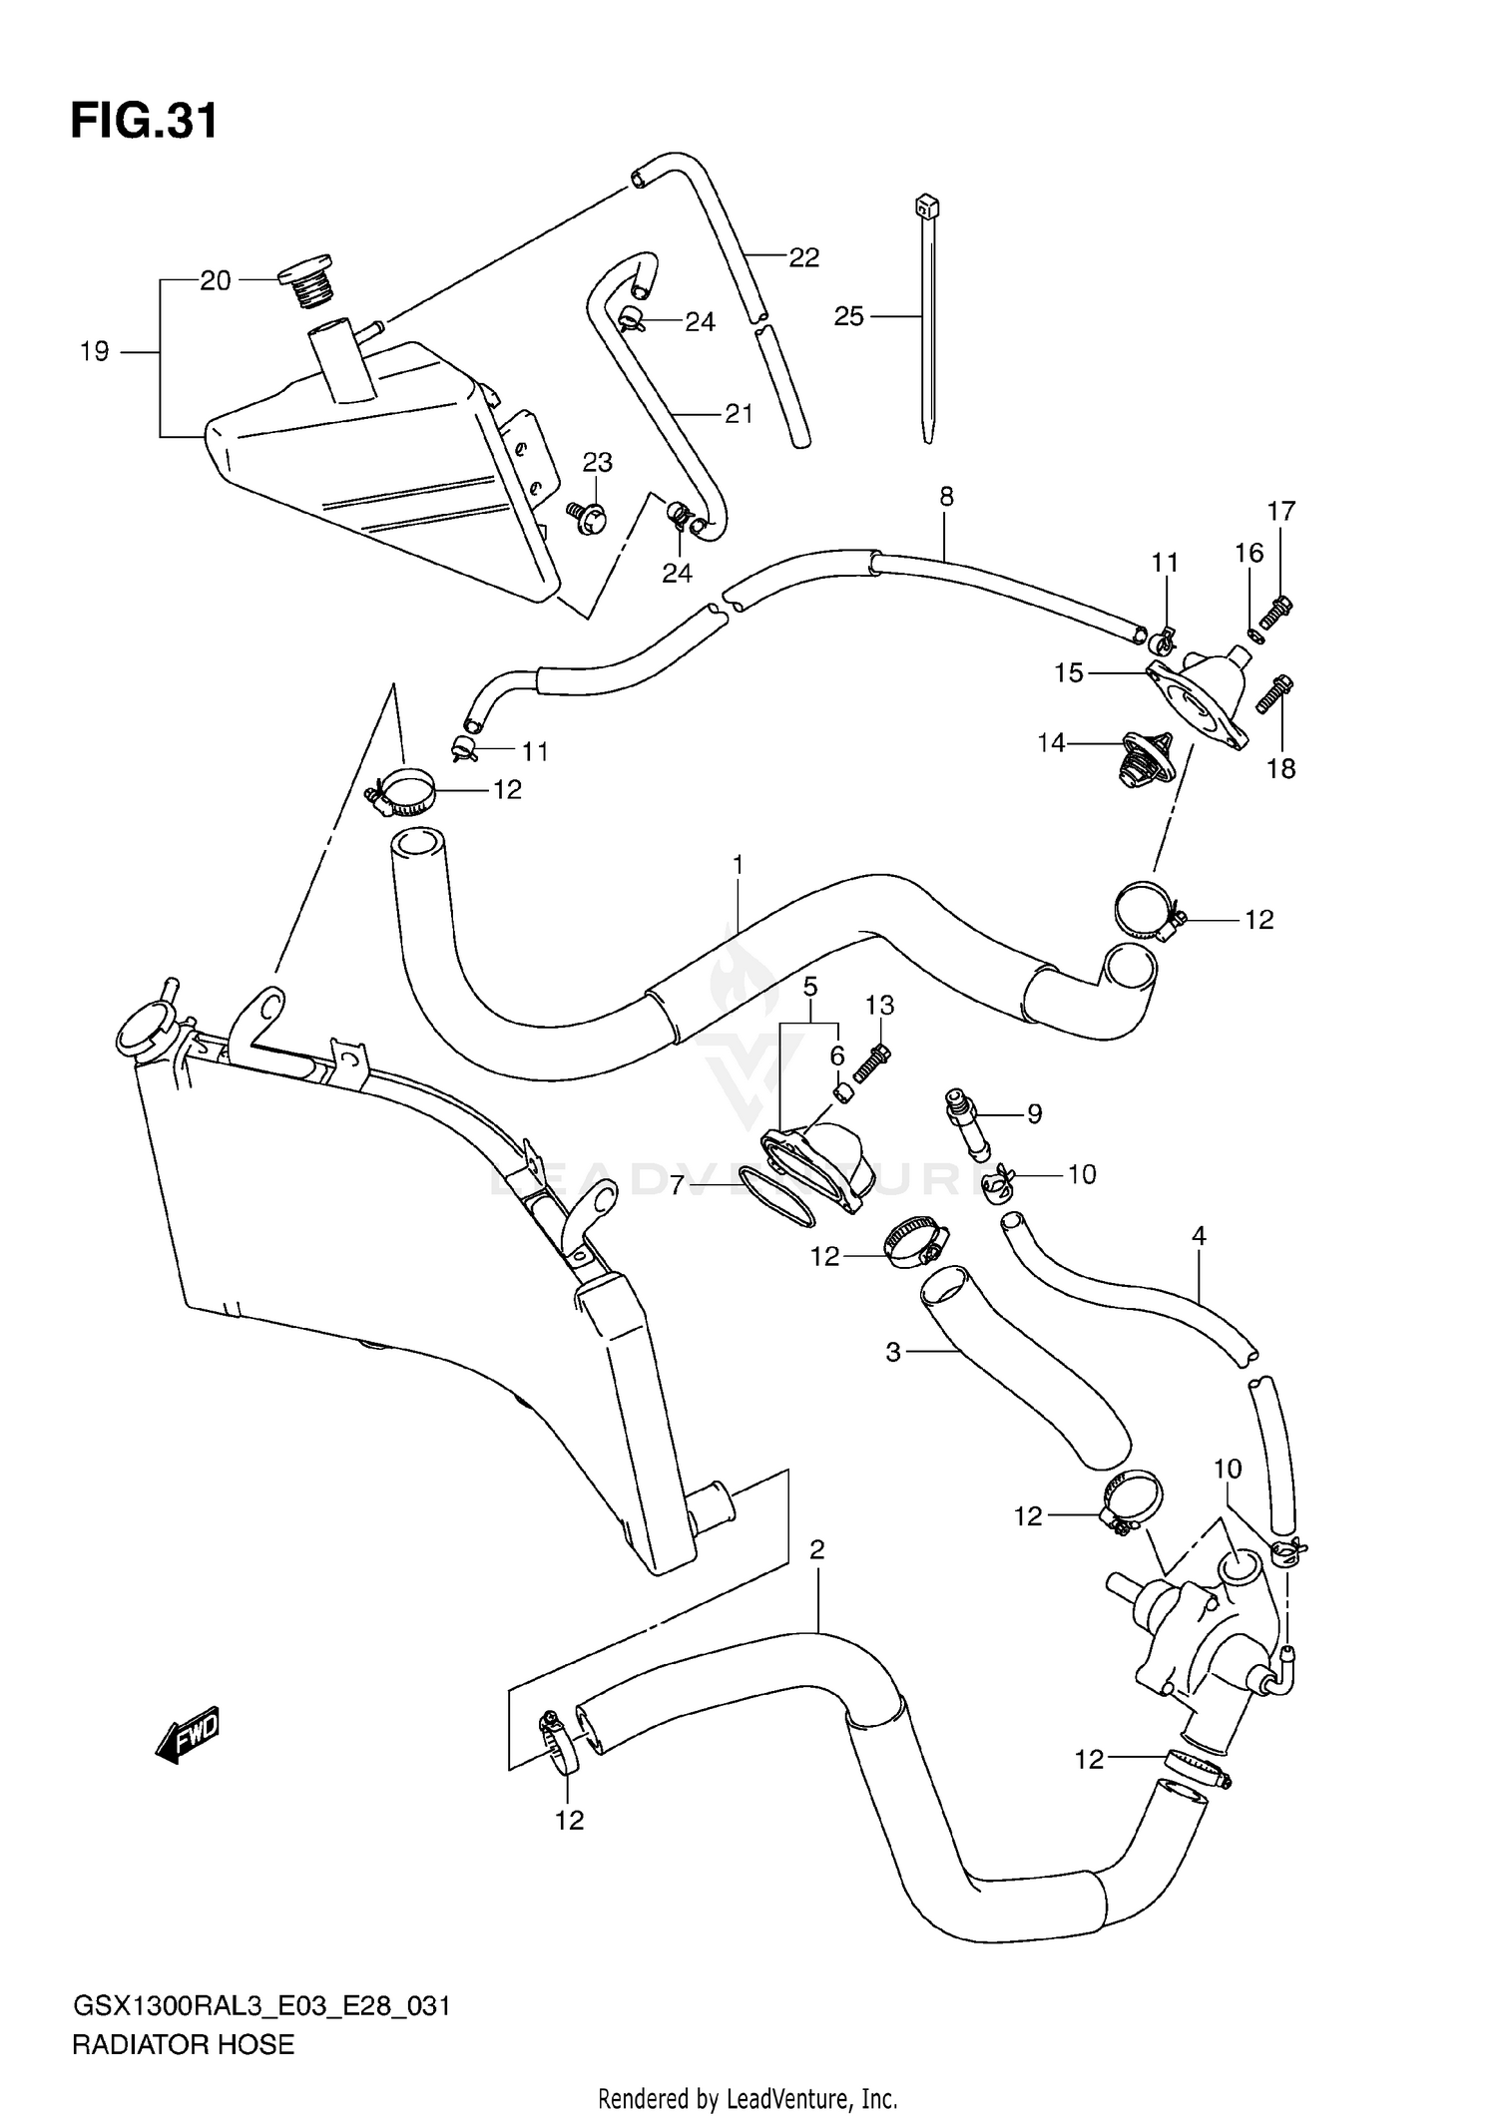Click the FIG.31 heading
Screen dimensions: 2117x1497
144,122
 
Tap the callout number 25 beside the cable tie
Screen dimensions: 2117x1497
848,316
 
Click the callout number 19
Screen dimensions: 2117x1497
95,351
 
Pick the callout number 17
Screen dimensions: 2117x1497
1281,511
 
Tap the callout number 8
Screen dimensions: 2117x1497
946,496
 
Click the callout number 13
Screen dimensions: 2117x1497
879,1005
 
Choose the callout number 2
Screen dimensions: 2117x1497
817,1549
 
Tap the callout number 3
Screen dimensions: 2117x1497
893,1352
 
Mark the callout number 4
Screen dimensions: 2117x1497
1199,1236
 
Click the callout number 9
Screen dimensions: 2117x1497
1034,1113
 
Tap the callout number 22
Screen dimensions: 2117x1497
803,257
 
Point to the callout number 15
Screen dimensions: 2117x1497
1069,672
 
